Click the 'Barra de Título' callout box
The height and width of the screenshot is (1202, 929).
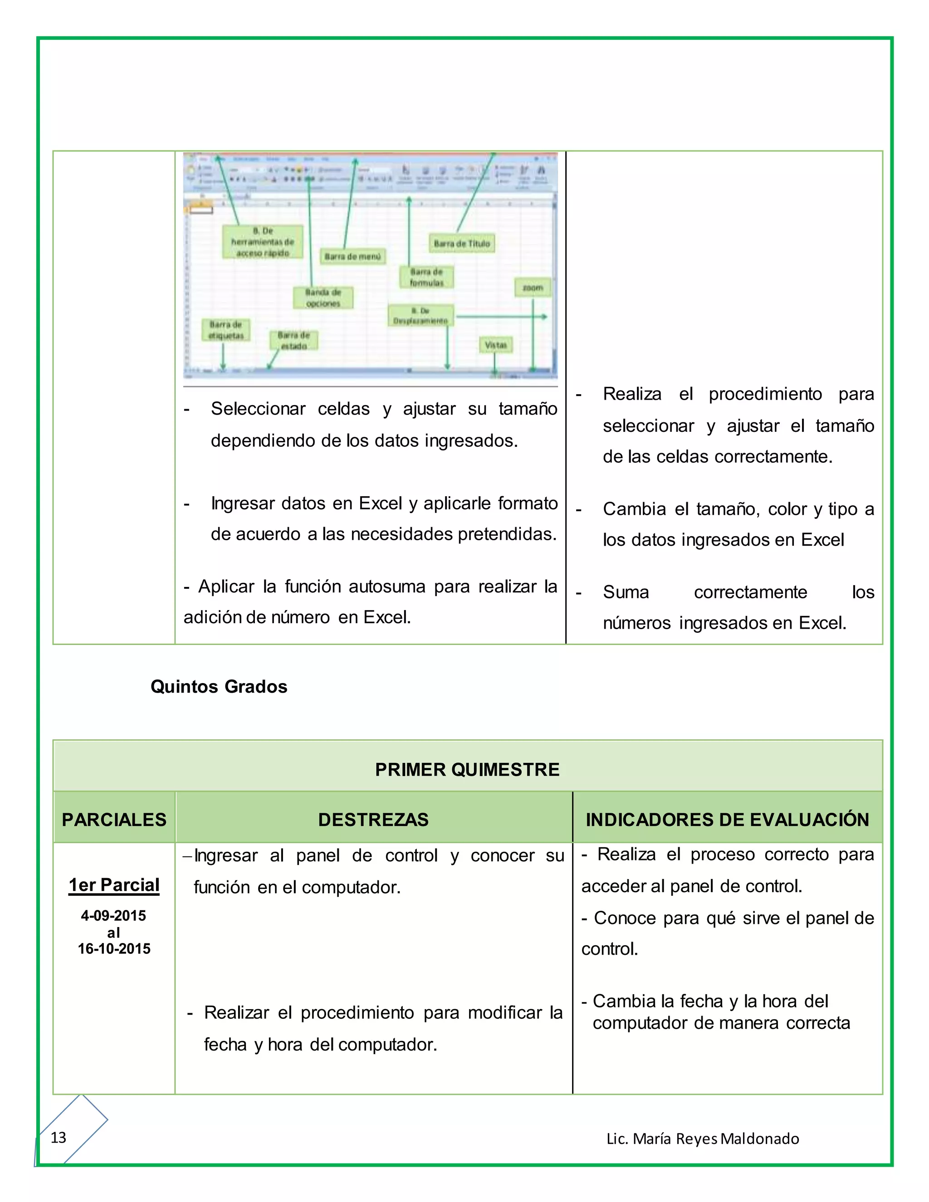[461, 243]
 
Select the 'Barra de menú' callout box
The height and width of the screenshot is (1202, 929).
[353, 256]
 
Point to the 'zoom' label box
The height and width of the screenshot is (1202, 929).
[532, 287]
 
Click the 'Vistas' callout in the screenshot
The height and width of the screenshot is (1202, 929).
[495, 345]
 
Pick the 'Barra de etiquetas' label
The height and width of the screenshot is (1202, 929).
[225, 330]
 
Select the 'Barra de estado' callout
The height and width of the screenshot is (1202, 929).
[293, 341]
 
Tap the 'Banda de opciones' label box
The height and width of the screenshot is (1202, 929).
[323, 298]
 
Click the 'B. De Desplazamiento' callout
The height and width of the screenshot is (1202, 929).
[420, 316]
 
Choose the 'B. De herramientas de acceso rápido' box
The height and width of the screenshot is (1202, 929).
[263, 242]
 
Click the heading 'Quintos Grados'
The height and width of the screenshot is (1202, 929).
[219, 687]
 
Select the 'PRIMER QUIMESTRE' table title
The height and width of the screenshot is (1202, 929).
[467, 769]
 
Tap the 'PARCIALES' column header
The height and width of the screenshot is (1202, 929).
[114, 820]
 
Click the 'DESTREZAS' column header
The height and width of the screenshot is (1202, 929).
[373, 820]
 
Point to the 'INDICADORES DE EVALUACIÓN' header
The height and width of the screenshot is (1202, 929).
[727, 820]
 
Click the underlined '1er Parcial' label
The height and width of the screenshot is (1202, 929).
[114, 885]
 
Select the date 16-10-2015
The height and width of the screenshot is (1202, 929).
[114, 948]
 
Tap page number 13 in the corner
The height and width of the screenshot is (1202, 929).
[59, 1138]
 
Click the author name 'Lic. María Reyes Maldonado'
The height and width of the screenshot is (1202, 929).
[703, 1138]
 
